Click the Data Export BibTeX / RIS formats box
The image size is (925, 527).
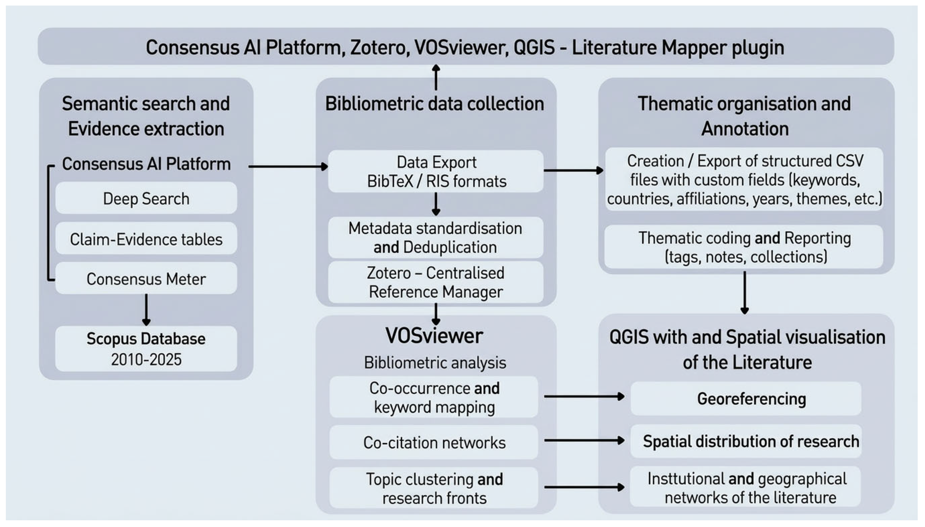pos(436,171)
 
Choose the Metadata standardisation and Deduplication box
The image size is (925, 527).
pos(436,238)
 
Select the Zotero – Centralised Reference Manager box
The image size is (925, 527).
pos(436,282)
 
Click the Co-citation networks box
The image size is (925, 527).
pos(434,442)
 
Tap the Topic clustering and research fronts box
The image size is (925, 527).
pos(434,488)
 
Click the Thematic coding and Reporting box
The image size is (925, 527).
pos(744,247)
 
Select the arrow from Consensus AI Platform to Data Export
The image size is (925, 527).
pos(288,166)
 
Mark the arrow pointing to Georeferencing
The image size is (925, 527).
pos(584,397)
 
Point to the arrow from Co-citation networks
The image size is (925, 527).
pos(584,440)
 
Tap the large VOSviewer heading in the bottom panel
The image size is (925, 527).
pos(434,335)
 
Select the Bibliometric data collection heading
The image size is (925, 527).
pos(435,104)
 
